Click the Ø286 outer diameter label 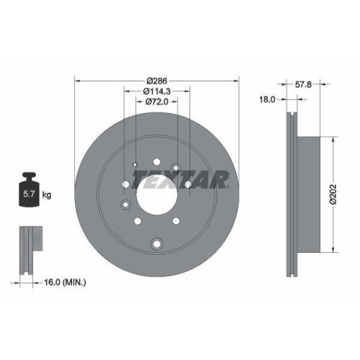coord(156,72)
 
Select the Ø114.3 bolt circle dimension coord(156,90)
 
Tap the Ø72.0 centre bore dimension coord(156,102)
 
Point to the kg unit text coord(47,194)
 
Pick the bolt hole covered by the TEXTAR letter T coord(176,169)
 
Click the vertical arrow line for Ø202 coord(332,194)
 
